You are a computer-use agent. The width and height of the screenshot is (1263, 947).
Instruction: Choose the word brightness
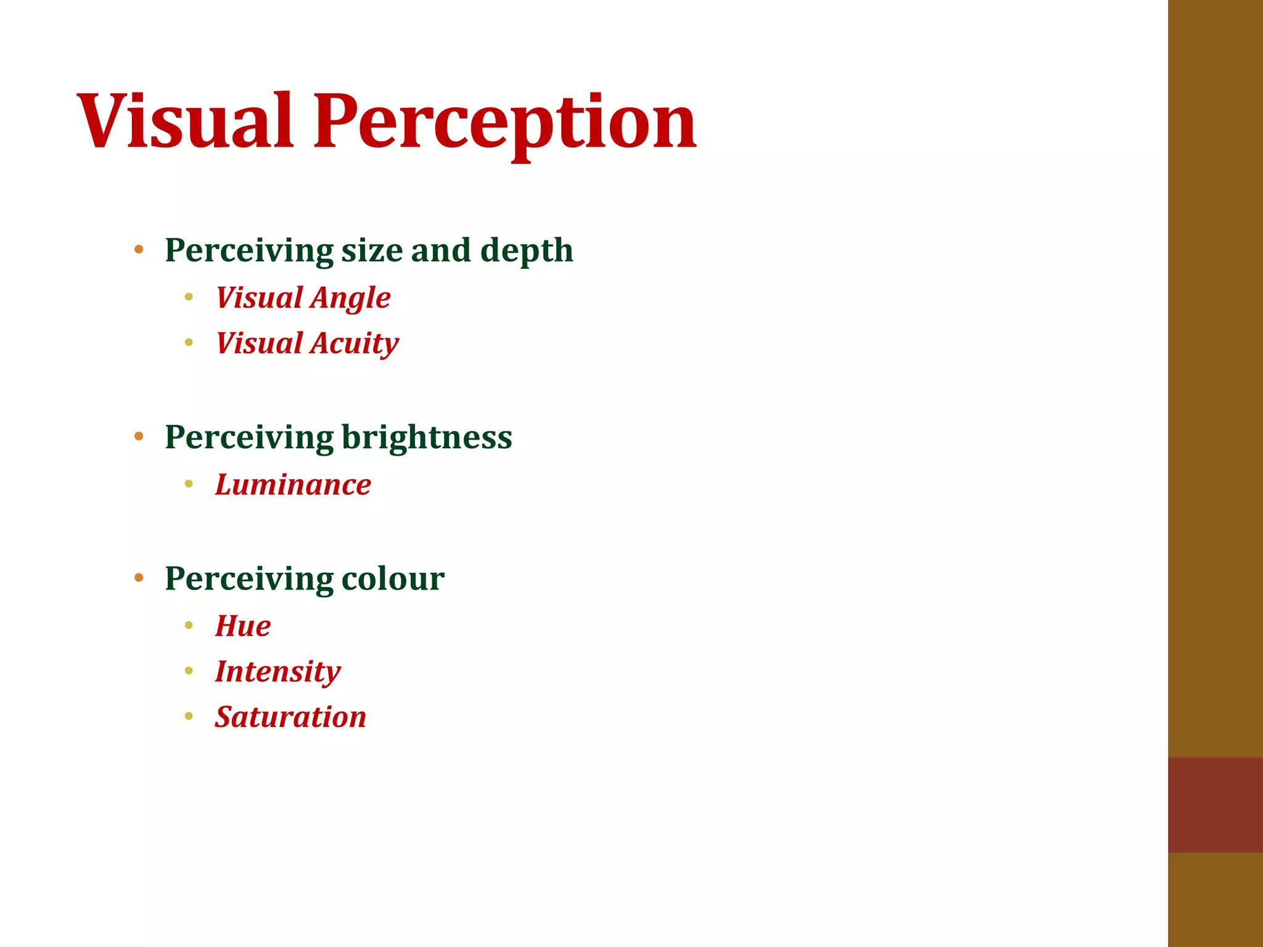[x=427, y=437]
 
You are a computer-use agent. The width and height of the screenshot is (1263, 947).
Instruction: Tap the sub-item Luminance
[x=293, y=485]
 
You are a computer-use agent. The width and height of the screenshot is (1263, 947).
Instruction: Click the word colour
[x=393, y=578]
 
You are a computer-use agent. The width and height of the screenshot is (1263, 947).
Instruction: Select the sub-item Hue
[x=243, y=626]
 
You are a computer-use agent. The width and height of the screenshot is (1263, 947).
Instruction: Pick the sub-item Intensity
[x=278, y=671]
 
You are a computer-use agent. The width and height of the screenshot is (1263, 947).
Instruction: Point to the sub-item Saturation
[x=290, y=717]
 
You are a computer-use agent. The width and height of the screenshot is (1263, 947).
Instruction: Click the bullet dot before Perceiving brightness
[x=139, y=437]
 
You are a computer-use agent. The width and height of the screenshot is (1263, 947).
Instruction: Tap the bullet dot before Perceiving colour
[x=139, y=578]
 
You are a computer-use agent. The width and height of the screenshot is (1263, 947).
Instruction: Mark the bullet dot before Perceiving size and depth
[x=139, y=250]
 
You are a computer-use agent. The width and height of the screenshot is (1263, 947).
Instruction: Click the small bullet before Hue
[x=189, y=625]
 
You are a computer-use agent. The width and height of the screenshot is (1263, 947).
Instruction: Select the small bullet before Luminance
[x=189, y=484]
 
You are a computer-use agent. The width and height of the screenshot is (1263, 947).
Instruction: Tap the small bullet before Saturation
[x=189, y=716]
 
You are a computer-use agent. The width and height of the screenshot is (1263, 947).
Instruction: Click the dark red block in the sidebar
[x=1215, y=805]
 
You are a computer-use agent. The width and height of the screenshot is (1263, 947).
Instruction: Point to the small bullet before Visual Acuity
[x=189, y=342]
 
